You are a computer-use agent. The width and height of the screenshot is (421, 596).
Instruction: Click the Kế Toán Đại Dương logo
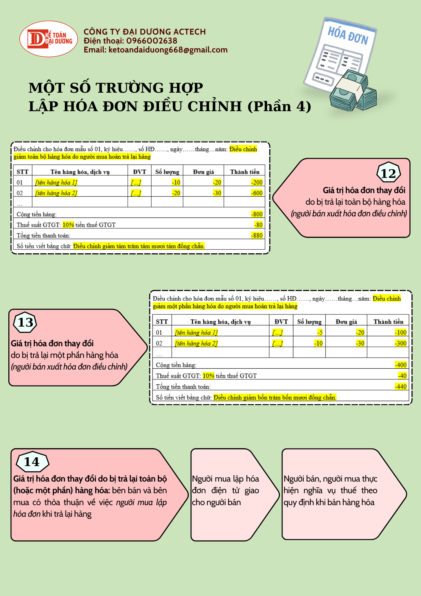pyautogui.click(x=49, y=39)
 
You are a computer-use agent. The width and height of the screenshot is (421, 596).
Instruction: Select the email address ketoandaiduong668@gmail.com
pyautogui.click(x=168, y=50)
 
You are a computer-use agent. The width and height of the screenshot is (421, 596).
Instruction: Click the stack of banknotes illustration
pyautogui.click(x=353, y=91)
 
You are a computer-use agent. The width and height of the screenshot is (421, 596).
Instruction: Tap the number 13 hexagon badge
pyautogui.click(x=25, y=322)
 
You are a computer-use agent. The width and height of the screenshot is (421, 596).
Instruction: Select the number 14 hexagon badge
pyautogui.click(x=32, y=462)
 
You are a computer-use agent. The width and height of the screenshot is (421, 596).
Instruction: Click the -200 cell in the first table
pyautogui.click(x=257, y=182)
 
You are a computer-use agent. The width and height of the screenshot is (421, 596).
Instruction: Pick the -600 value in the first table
pyautogui.click(x=257, y=193)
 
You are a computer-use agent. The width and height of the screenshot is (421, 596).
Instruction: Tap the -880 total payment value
pyautogui.click(x=257, y=235)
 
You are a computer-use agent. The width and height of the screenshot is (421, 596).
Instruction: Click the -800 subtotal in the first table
pyautogui.click(x=257, y=214)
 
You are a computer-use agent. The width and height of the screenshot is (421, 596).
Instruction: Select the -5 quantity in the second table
pyautogui.click(x=320, y=333)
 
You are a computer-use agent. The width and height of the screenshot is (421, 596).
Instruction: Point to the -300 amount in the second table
pyautogui.click(x=400, y=343)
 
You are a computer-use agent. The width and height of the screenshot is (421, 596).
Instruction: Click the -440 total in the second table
pyautogui.click(x=400, y=387)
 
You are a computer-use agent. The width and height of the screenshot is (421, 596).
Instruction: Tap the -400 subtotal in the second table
pyautogui.click(x=400, y=365)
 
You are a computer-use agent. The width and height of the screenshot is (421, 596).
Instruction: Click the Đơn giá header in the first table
pyautogui.click(x=203, y=172)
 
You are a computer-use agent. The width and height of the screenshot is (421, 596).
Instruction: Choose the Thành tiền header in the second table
pyautogui.click(x=388, y=322)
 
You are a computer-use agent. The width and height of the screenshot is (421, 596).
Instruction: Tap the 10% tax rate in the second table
pyautogui.click(x=208, y=376)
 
